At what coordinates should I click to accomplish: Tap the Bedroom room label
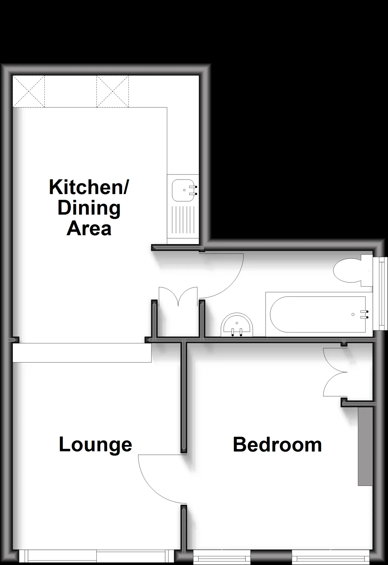tap(277, 445)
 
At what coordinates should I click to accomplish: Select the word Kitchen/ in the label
tap(89, 187)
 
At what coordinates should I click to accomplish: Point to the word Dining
tap(89, 208)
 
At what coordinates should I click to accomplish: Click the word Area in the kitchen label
tap(89, 228)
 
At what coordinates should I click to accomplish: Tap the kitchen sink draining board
tap(183, 220)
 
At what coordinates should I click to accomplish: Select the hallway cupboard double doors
tap(178, 297)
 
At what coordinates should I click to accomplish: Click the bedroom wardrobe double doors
tap(335, 372)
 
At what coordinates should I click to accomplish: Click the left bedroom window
tap(222, 557)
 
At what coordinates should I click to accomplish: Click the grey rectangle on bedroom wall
tap(365, 446)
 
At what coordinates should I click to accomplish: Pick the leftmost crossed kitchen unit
tap(29, 91)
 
